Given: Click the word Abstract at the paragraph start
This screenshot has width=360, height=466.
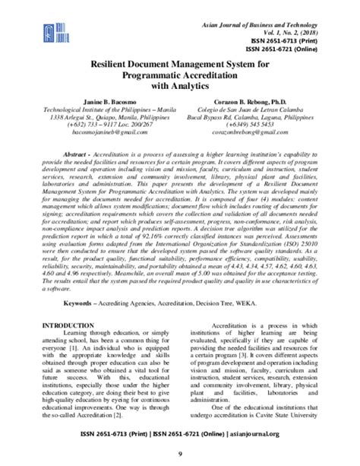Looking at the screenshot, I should click(73, 154).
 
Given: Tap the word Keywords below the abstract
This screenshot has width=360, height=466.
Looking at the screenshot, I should click(79, 303).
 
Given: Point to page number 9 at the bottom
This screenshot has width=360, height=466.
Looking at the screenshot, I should click(180, 455).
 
